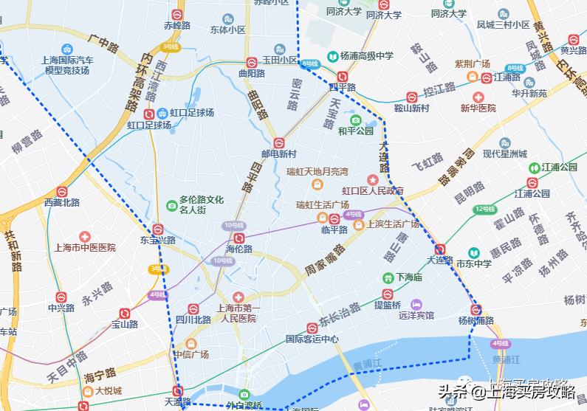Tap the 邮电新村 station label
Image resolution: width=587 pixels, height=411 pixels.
click(278, 154)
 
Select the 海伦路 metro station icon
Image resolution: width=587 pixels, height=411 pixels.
click(238, 238)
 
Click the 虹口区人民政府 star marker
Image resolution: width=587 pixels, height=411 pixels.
click(373, 180)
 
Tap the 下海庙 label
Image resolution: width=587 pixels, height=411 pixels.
click(408, 277)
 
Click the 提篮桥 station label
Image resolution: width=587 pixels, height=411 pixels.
click(387, 305)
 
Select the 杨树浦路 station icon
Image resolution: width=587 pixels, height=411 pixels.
click(476, 310)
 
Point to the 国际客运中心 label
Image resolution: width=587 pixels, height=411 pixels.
click(312, 339)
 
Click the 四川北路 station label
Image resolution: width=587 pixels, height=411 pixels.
click(192, 320)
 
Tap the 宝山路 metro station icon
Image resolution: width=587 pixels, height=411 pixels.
click(124, 314)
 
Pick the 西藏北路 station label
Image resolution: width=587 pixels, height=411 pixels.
click(61, 202)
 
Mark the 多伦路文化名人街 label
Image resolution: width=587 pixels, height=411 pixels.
click(201, 204)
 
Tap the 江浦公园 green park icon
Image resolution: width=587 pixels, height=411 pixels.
click(533, 167)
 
